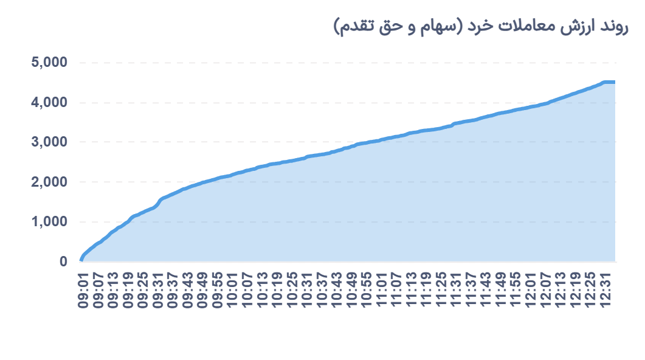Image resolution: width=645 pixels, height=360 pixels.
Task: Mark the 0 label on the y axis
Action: (x=63, y=261)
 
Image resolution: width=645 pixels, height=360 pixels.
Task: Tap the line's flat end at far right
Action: (x=610, y=82)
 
